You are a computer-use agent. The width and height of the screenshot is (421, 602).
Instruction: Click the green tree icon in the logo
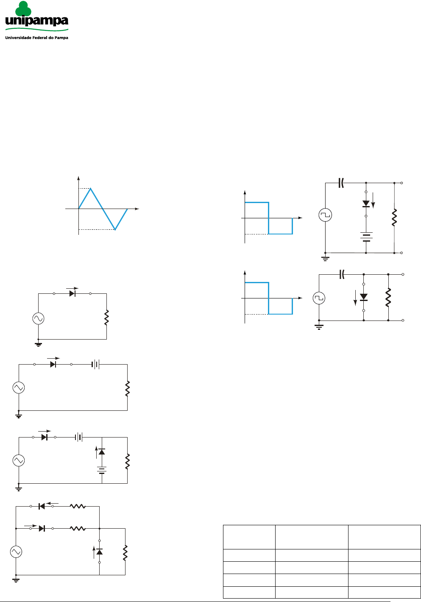pyautogui.click(x=23, y=8)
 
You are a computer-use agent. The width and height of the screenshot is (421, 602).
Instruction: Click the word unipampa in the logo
pyautogui.click(x=37, y=21)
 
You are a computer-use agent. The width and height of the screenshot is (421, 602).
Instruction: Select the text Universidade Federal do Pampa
pyautogui.click(x=36, y=38)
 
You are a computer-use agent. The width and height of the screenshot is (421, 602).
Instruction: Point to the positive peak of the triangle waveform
pyautogui.click(x=91, y=188)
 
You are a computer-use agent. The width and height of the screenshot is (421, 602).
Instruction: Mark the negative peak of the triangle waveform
pyautogui.click(x=115, y=229)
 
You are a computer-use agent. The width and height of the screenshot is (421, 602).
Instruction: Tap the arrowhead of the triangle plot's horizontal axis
pyautogui.click(x=137, y=209)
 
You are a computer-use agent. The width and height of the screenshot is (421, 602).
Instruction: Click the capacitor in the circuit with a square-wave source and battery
pyautogui.click(x=341, y=183)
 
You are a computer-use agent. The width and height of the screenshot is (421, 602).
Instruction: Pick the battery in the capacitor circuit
pyautogui.click(x=366, y=237)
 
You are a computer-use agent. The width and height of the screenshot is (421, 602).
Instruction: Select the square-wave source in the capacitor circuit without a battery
pyautogui.click(x=319, y=298)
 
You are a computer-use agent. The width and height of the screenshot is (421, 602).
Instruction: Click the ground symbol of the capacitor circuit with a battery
pyautogui.click(x=325, y=259)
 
